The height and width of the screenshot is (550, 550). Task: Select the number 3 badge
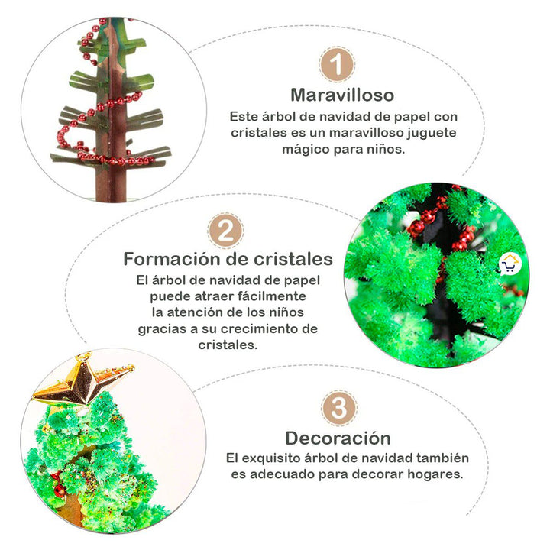pos(338,409)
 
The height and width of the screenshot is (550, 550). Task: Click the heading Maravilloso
pos(341,95)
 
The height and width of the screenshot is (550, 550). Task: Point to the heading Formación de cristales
pos(228,258)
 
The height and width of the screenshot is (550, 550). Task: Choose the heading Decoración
pos(338,438)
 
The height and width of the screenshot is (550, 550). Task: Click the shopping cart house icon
pos(509,264)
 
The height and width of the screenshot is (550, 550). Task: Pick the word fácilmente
pos(273,296)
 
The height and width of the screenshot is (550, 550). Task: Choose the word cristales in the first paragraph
pos(257,133)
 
